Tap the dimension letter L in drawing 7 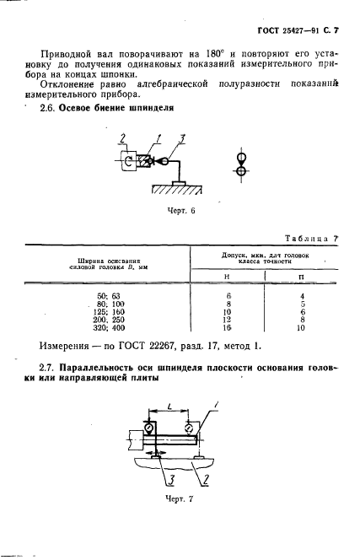[x=172, y=407]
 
